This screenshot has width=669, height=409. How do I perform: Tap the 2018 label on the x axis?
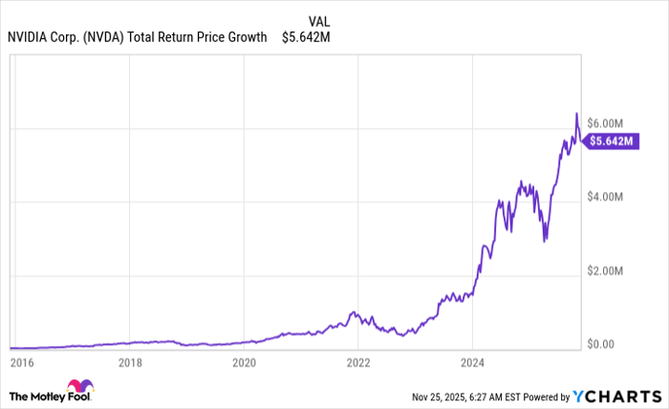click(131, 363)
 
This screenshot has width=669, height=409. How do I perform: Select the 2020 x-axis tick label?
click(245, 363)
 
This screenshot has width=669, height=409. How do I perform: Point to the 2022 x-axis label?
click(358, 363)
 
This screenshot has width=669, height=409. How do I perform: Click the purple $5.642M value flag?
click(613, 140)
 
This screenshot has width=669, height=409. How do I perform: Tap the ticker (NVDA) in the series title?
click(102, 37)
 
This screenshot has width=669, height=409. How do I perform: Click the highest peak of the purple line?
click(576, 114)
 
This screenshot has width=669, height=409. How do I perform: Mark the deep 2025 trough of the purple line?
click(545, 241)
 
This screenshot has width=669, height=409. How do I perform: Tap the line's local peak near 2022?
click(354, 312)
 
